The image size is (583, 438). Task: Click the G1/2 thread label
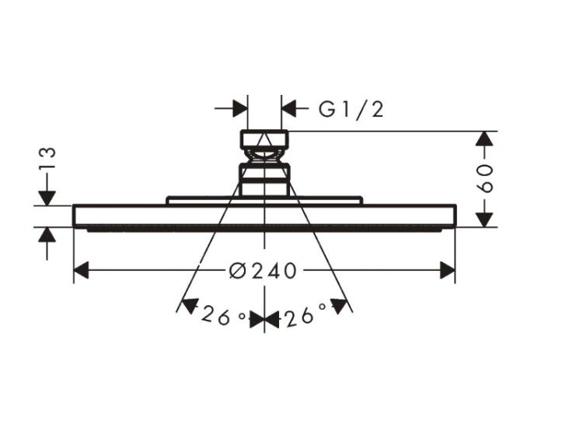click(x=351, y=110)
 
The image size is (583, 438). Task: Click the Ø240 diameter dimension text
click(x=264, y=271)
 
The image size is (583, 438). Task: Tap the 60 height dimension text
click(x=485, y=178)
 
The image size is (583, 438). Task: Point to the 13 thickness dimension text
click(x=48, y=158)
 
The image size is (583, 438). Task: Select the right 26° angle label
click(x=305, y=317)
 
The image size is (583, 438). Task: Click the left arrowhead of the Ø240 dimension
click(x=82, y=270)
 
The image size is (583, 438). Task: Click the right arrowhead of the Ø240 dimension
click(x=447, y=270)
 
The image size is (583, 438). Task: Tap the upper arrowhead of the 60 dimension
click(x=484, y=138)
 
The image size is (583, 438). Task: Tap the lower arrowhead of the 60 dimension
click(x=484, y=219)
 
